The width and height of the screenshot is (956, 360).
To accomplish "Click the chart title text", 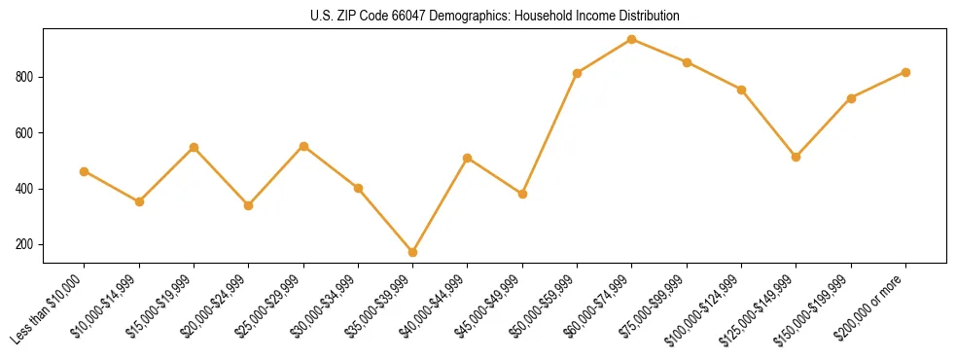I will (x=495, y=17).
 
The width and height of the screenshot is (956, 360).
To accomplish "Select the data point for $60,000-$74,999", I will (x=632, y=39).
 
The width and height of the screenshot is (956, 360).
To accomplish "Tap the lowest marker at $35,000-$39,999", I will (x=413, y=252).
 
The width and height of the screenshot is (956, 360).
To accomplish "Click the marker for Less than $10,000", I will (x=85, y=171).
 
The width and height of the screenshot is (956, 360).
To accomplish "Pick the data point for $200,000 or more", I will (x=905, y=72).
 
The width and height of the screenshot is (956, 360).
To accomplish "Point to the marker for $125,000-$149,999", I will (x=797, y=157).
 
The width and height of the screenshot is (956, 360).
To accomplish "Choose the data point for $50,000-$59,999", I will (x=578, y=73).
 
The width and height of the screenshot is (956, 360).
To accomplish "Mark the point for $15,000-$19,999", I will (x=195, y=147).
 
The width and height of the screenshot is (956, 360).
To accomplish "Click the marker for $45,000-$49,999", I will (x=523, y=194).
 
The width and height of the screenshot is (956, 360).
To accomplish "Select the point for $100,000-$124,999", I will (x=742, y=90).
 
